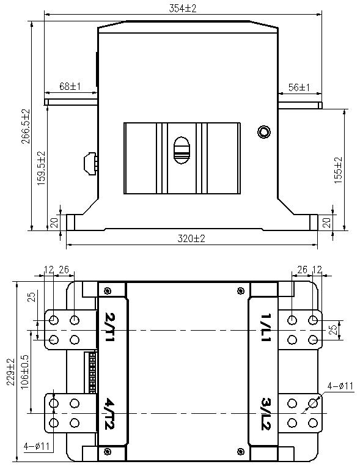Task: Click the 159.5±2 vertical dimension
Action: pos(41,167)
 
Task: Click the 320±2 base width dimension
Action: pos(191,238)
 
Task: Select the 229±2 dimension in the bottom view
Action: pos(9,374)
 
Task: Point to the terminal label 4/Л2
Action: pos(111,414)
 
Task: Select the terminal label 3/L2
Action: pos(265,414)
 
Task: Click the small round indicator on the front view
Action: pos(264,132)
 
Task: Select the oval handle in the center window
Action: pos(182,150)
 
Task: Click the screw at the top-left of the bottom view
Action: pos(108,290)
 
